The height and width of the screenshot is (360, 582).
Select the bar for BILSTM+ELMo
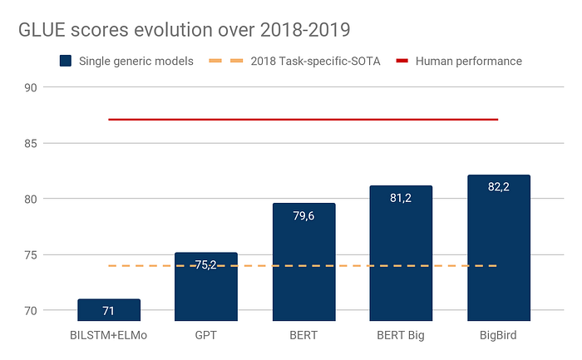point(109,310)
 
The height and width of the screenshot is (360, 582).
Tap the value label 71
point(109,312)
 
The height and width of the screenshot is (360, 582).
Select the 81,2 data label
point(401,200)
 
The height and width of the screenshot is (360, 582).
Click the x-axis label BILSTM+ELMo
point(109,337)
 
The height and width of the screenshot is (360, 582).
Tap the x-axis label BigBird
point(499,337)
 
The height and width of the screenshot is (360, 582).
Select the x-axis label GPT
point(206,337)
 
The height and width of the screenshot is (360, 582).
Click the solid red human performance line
point(303,120)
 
